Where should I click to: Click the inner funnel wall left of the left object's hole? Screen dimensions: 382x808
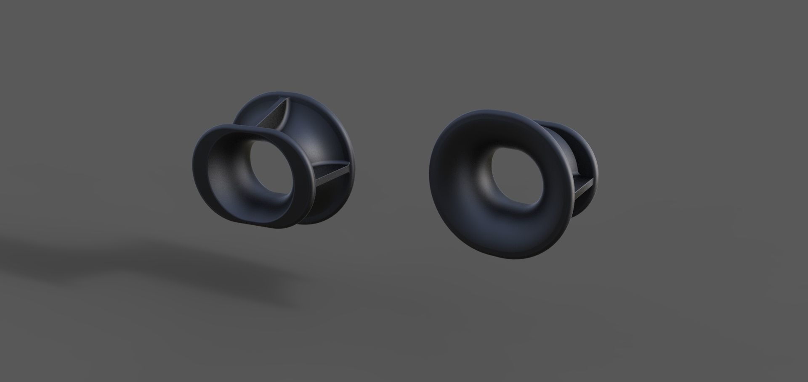227,177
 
